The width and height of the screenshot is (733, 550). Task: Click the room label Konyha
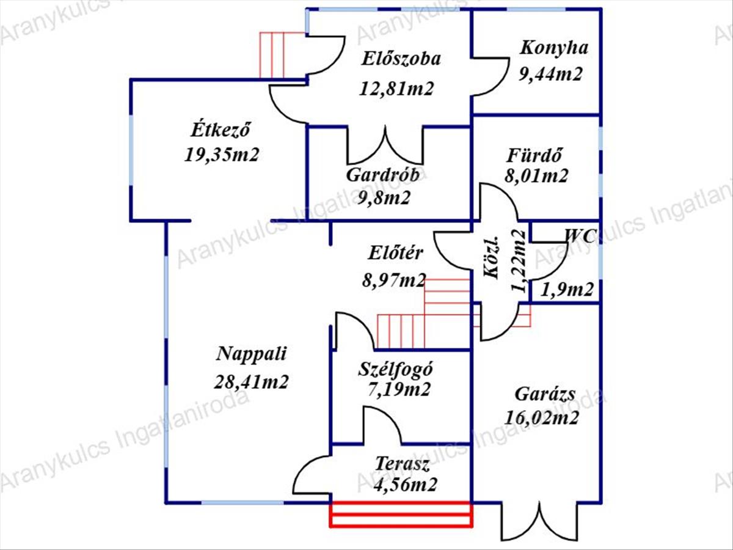[x=553, y=48]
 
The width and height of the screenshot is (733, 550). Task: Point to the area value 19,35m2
[x=222, y=154]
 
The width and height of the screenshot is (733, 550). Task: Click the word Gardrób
[x=383, y=175]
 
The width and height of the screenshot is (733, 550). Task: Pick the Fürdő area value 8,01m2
[x=536, y=177]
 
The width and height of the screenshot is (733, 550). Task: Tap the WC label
[x=578, y=235]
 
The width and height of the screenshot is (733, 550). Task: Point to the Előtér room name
[x=396, y=253]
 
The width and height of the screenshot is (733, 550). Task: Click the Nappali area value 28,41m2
[x=251, y=382]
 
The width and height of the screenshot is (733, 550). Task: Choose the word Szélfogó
[x=396, y=369]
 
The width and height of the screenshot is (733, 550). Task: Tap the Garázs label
[x=544, y=394]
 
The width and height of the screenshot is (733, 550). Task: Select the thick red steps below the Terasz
[x=401, y=514]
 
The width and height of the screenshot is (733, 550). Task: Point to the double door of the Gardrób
[x=385, y=147]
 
